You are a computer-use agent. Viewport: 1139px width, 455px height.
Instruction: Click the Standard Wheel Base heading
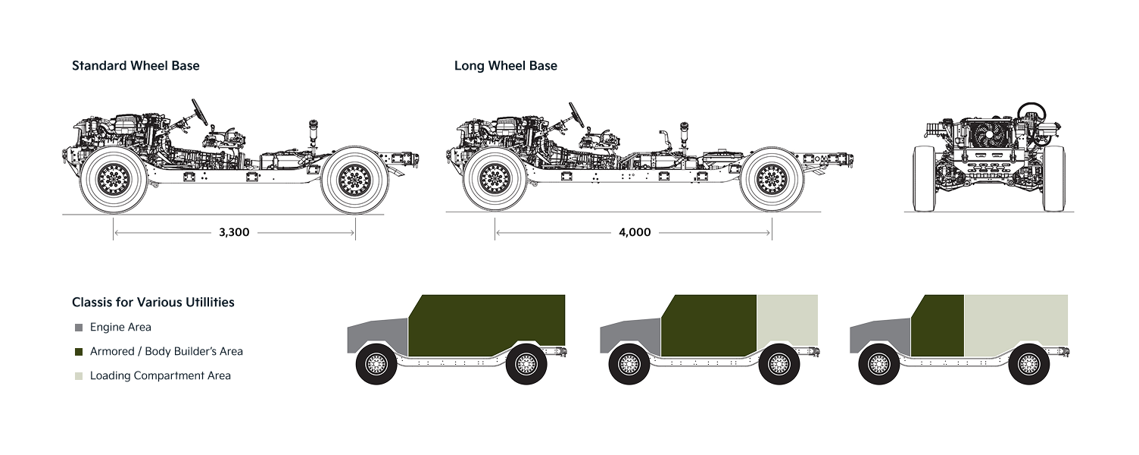pyautogui.click(x=136, y=66)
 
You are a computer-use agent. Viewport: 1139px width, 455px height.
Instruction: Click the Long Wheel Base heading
pyautogui.click(x=505, y=66)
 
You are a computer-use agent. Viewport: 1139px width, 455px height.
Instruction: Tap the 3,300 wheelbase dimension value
pyautogui.click(x=234, y=233)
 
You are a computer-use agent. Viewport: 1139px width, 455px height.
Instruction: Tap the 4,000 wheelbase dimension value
pyautogui.click(x=635, y=233)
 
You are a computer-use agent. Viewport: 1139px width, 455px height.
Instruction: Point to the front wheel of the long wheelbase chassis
pyautogui.click(x=495, y=180)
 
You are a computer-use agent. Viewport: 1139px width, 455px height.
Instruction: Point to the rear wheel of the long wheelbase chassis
pyautogui.click(x=772, y=180)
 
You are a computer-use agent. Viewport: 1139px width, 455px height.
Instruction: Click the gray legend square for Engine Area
pyautogui.click(x=79, y=328)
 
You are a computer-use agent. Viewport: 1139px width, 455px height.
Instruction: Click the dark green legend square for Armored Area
pyautogui.click(x=79, y=352)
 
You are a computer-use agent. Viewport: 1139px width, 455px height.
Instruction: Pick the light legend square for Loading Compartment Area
pyautogui.click(x=79, y=376)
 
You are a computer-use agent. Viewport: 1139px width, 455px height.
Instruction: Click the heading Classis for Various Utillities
pyautogui.click(x=153, y=303)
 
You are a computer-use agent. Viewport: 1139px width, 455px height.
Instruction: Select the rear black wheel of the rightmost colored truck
pyautogui.click(x=1028, y=364)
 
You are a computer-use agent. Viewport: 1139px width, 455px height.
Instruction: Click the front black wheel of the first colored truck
pyautogui.click(x=376, y=364)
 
